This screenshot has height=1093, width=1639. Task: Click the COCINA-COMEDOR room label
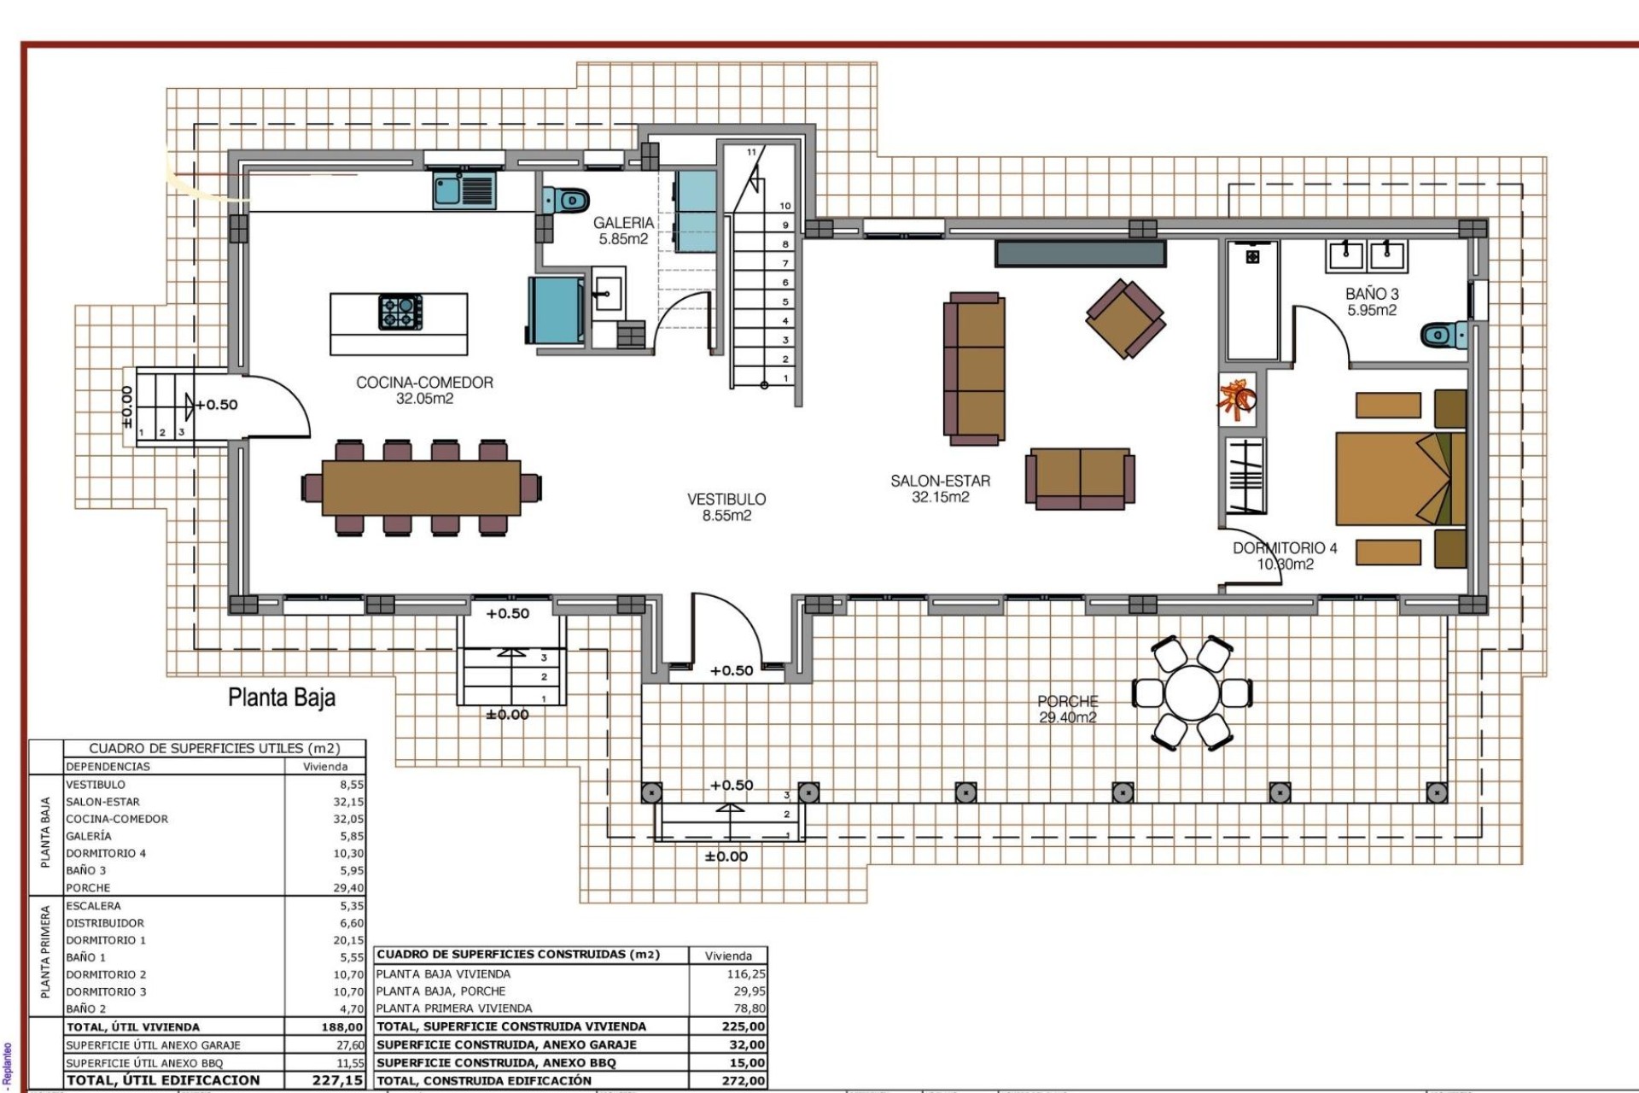point(424,390)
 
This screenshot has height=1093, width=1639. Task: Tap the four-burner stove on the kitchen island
point(400,313)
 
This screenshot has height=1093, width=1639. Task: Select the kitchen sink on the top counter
point(464,190)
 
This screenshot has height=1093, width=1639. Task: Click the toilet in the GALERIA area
point(567,201)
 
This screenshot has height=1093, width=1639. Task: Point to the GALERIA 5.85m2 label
point(623,231)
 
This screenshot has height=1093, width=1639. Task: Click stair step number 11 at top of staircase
point(751,153)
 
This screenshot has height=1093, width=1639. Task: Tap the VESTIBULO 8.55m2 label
point(726,506)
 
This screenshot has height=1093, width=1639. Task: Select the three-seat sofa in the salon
point(974,368)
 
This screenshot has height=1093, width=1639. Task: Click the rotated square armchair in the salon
point(1126,319)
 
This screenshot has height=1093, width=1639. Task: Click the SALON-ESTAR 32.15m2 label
point(940,488)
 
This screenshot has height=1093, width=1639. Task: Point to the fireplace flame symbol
point(1237,400)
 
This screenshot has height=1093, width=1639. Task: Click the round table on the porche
point(1192,693)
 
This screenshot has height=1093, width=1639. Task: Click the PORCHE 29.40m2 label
point(1067,710)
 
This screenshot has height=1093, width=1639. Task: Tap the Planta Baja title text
point(282,698)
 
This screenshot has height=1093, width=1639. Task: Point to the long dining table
point(421,488)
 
